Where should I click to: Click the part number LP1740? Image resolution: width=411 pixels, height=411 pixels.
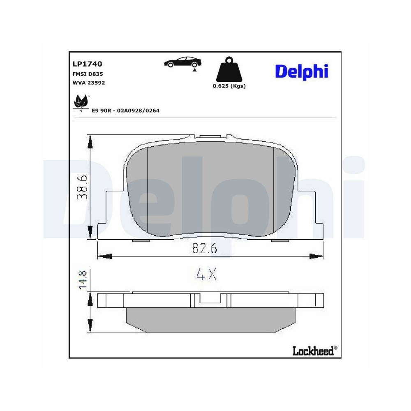[x=87, y=64]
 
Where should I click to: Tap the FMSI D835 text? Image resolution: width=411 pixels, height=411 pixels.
[x=87, y=74]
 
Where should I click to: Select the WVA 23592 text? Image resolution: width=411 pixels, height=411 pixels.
[x=89, y=83]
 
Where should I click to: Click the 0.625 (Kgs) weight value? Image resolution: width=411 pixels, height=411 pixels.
[x=229, y=86]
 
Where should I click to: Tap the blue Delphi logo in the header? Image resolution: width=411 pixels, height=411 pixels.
[x=301, y=71]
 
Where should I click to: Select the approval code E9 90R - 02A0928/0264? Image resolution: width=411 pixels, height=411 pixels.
[x=125, y=111]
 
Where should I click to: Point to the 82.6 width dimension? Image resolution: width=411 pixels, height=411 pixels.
[x=204, y=249]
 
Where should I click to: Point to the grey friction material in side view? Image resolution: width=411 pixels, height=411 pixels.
[x=210, y=321]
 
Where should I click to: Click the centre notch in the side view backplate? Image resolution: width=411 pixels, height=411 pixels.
[x=210, y=299]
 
